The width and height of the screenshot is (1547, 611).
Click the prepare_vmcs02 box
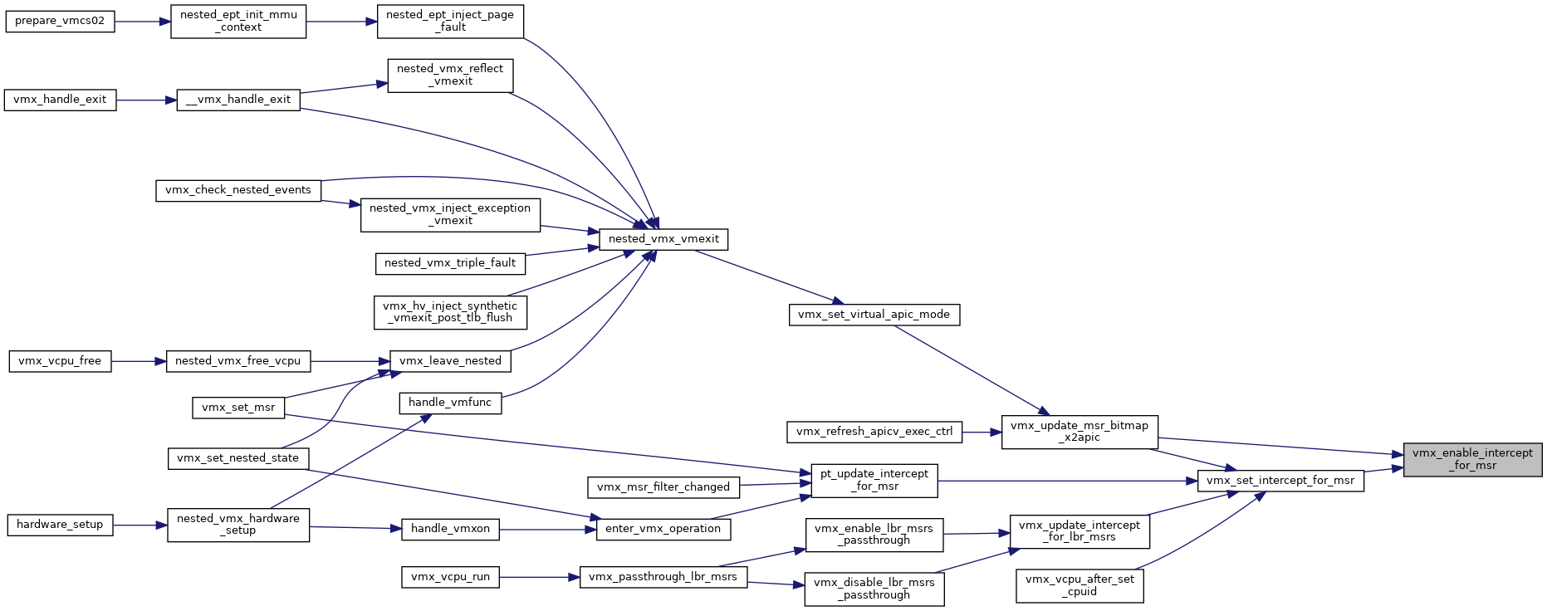[x=60, y=21]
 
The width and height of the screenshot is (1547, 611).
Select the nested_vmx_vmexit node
[x=663, y=239]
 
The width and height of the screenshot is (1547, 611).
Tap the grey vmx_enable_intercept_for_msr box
[x=1472, y=459]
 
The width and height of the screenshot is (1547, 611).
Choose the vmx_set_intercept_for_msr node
[x=1280, y=481]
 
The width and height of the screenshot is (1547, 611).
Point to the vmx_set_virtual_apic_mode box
[x=874, y=315]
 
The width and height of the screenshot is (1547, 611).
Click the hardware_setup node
[x=60, y=525]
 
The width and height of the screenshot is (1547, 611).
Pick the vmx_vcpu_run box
[x=450, y=577]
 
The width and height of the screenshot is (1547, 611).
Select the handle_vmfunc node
[x=450, y=403]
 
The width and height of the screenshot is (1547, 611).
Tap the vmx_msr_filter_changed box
[x=663, y=487]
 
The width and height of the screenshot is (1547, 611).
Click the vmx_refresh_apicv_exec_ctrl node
[x=874, y=432]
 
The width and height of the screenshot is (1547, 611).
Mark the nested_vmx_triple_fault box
[x=450, y=263]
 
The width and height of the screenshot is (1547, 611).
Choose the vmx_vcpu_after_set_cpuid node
[x=1079, y=585]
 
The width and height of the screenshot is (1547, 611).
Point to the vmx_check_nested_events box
[x=238, y=190]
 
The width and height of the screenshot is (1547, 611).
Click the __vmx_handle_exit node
[x=238, y=100]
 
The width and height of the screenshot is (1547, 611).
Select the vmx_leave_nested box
[x=450, y=361]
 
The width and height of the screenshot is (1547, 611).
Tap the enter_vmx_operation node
[x=663, y=529]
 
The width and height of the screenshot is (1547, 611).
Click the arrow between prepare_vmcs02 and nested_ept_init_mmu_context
[x=142, y=21]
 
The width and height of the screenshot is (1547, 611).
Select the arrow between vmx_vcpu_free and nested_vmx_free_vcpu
[x=139, y=361]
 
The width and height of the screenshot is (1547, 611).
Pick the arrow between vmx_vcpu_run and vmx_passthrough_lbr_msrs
[x=539, y=577]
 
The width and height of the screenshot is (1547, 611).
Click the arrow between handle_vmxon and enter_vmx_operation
[x=547, y=529]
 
